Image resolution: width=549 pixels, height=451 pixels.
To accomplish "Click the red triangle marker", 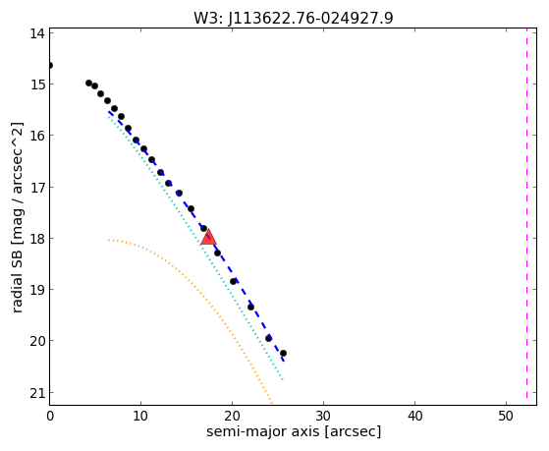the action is click(x=208, y=237).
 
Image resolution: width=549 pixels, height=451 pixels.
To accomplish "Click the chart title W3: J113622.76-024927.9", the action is click(x=294, y=18).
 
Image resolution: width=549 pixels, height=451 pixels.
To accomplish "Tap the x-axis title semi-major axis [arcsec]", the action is click(x=294, y=431).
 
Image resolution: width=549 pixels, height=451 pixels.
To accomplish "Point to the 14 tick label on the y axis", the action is click(x=36, y=33).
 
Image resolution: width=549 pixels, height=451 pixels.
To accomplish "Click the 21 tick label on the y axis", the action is click(x=36, y=394).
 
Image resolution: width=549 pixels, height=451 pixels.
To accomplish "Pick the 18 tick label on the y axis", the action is click(x=36, y=239).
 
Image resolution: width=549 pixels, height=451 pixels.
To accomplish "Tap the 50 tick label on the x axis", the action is click(x=506, y=416).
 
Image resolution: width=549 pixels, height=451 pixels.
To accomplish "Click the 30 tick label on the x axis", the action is click(x=323, y=416).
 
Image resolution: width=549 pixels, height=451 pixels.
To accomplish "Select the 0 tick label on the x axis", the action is click(x=50, y=416).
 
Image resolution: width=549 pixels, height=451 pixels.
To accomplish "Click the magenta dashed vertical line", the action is click(x=526, y=216).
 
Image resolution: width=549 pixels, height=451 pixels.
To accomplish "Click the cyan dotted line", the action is click(x=194, y=247).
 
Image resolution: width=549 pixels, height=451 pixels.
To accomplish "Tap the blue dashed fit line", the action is click(x=195, y=236).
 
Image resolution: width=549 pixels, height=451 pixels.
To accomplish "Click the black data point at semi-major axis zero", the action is click(x=50, y=65).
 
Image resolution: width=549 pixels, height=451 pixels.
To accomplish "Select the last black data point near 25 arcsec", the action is click(x=283, y=353).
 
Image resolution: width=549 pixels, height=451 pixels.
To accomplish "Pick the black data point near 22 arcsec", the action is click(x=250, y=307).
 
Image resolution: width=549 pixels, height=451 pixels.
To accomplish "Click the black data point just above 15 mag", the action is click(x=88, y=84).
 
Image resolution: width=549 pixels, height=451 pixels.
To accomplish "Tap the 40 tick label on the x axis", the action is click(x=414, y=416).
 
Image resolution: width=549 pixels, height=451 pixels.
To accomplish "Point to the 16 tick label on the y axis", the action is click(x=36, y=136).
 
